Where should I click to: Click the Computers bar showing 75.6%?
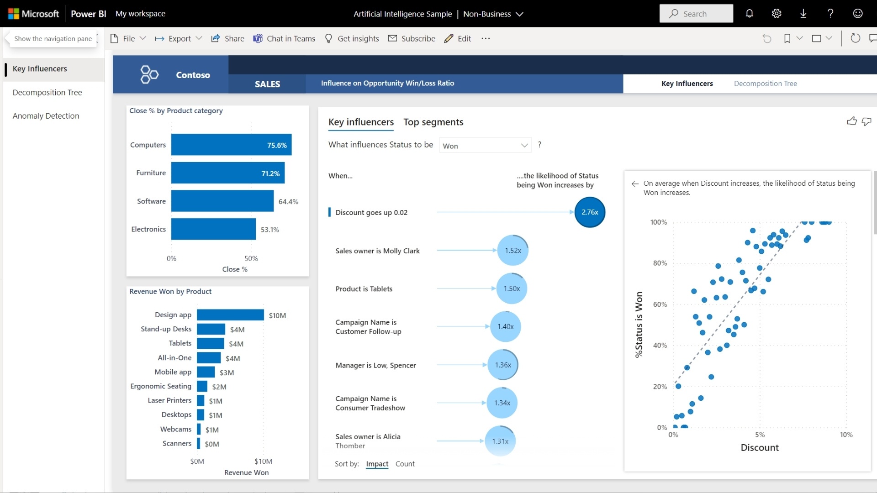click(x=231, y=145)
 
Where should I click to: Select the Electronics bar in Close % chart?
click(x=213, y=229)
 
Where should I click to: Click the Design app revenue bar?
click(x=230, y=315)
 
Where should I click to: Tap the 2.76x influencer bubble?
click(x=590, y=212)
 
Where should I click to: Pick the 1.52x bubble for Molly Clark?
click(x=513, y=251)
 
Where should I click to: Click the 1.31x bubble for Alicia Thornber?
click(x=500, y=441)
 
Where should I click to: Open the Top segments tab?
click(x=433, y=122)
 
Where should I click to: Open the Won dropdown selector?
click(x=485, y=146)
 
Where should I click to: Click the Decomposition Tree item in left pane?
click(x=48, y=92)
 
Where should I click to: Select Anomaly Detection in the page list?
click(x=46, y=116)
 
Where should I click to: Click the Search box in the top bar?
click(x=696, y=14)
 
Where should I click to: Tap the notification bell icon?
click(x=750, y=14)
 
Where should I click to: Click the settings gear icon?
click(x=777, y=14)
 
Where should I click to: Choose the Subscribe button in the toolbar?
click(x=412, y=39)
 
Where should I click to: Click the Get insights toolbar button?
click(x=352, y=39)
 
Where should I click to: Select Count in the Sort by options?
click(x=405, y=464)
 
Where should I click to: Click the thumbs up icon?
click(x=852, y=121)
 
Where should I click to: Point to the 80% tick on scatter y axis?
click(x=660, y=263)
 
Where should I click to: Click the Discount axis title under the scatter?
click(x=760, y=448)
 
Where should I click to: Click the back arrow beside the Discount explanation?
click(x=635, y=184)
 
